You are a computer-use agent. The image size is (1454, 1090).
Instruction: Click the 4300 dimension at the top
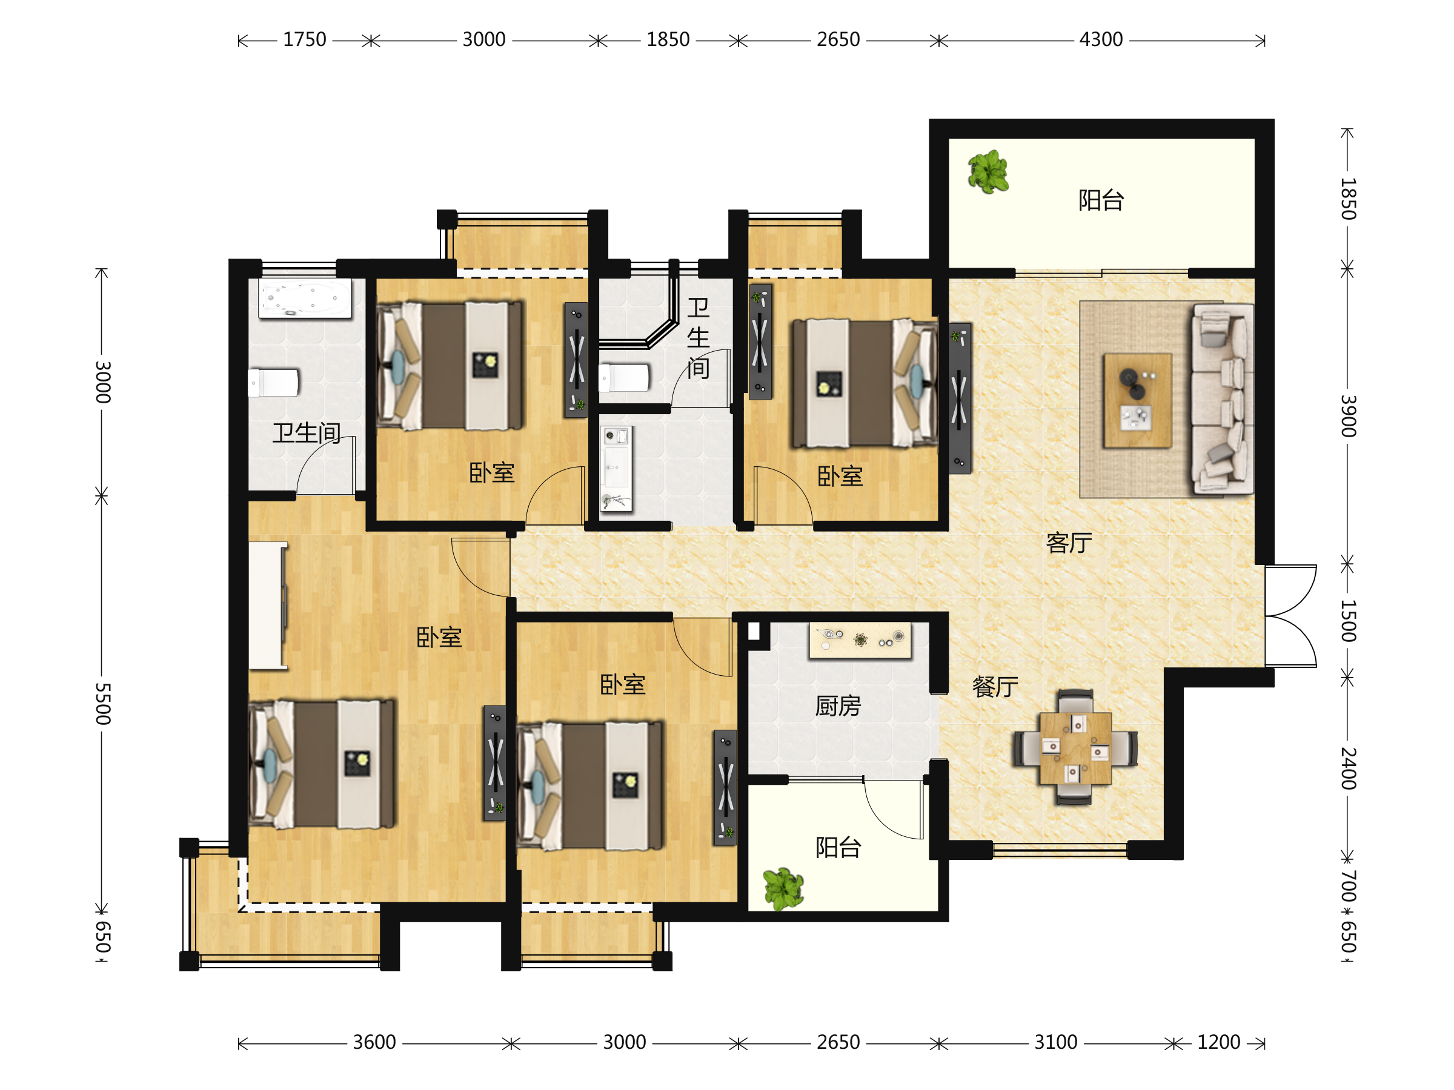pos(1101,40)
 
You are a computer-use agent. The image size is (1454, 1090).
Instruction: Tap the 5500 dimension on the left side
pos(102,704)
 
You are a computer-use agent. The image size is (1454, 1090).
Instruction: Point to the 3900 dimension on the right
pos(1348,416)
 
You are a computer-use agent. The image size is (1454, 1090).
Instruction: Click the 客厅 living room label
pos(1069,543)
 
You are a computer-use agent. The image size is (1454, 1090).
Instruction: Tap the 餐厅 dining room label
pos(995,687)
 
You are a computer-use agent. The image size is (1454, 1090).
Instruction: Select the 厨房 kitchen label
pos(838,705)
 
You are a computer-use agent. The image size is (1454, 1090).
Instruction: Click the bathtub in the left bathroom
pos(305,299)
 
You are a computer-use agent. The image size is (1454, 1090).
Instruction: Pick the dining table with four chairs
pos(1075,748)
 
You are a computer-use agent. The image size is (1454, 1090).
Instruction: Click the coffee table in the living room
pos(1137,400)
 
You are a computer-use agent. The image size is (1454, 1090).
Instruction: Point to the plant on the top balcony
pos(988,171)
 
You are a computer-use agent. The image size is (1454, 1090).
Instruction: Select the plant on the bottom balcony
pos(783,889)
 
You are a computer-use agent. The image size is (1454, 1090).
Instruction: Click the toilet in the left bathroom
pos(273,382)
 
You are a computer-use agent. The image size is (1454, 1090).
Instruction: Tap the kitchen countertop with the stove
pos(860,640)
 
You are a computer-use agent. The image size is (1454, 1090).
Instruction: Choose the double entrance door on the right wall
pos(1290,616)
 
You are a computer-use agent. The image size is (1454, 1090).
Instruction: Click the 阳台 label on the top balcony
pos(1101,200)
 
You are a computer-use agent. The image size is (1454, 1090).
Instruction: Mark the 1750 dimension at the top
pos(304,40)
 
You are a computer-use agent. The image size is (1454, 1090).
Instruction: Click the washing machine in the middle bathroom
pos(616,469)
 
